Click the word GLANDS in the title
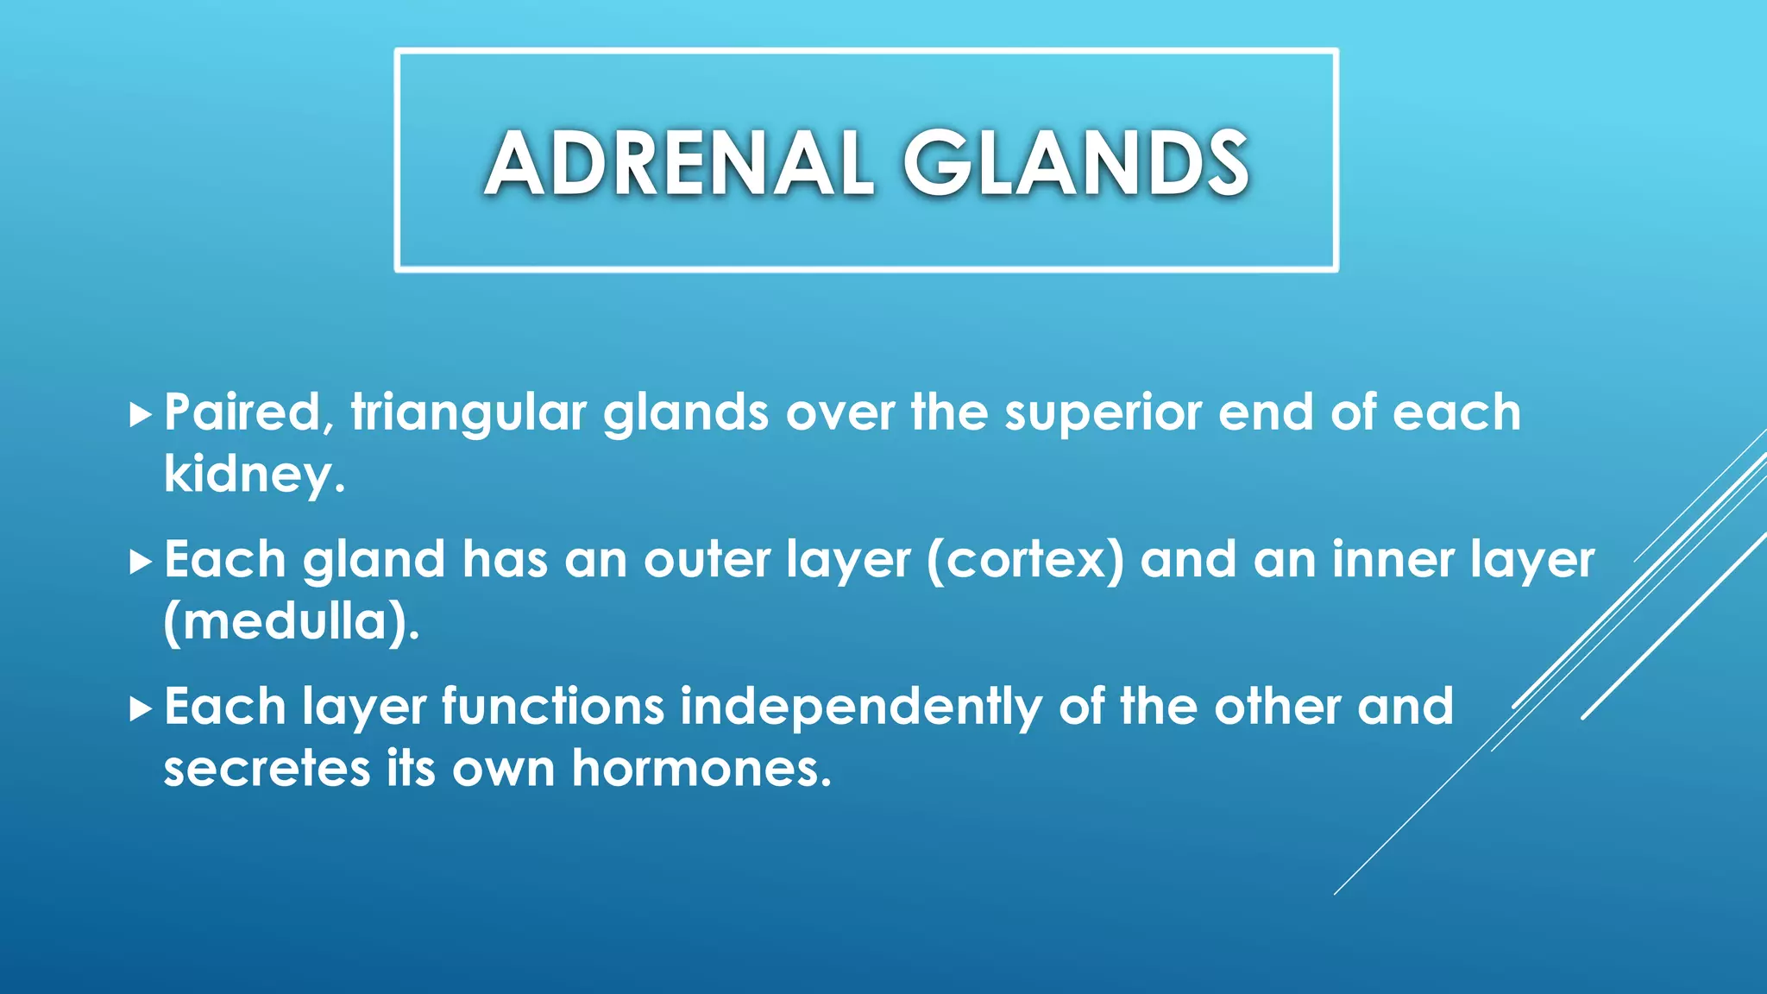[x=1076, y=164]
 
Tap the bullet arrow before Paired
[x=140, y=415]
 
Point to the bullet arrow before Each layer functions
[x=140, y=709]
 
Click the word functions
[x=552, y=708]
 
